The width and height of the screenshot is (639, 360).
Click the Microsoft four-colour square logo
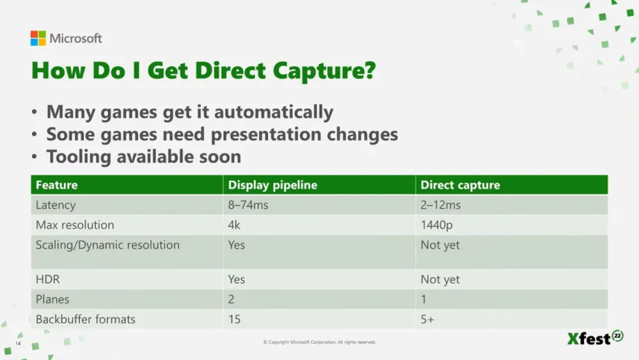tap(38, 38)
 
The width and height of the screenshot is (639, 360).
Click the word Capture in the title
tap(324, 71)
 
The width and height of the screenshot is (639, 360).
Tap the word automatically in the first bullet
tap(274, 112)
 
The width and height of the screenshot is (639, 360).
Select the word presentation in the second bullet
tap(266, 135)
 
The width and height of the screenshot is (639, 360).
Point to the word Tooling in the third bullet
tap(78, 157)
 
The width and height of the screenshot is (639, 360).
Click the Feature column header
tap(57, 185)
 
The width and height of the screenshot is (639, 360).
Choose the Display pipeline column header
tap(273, 185)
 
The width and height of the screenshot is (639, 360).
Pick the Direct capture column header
tap(460, 185)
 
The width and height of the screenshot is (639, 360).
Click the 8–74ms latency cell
tap(248, 205)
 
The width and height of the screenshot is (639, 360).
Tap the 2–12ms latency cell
tap(440, 205)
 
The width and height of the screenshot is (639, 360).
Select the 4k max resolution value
tap(234, 225)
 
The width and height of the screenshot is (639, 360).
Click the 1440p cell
tap(436, 225)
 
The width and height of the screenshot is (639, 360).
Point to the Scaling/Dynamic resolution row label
tap(108, 245)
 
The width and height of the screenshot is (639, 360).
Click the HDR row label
tap(47, 280)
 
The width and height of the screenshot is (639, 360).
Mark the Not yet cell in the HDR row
tap(440, 280)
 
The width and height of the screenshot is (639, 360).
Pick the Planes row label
tap(52, 300)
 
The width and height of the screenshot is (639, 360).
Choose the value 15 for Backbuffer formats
tap(234, 320)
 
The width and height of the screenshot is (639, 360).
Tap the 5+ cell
tap(427, 320)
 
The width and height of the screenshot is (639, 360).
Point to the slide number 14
tap(18, 344)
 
